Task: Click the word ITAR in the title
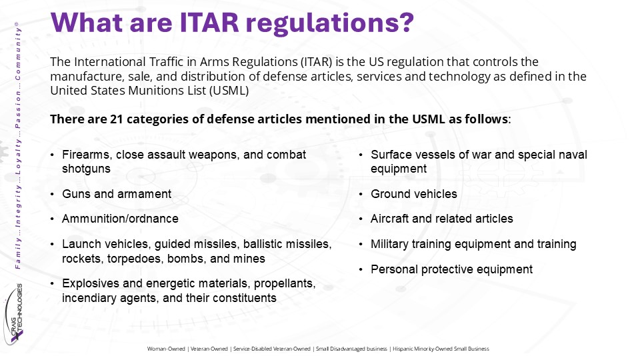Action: point(209,23)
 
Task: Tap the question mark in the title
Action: point(406,23)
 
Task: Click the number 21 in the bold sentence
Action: point(116,119)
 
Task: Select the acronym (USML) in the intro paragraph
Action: point(229,90)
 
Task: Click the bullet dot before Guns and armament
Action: point(52,194)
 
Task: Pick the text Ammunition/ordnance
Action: point(121,219)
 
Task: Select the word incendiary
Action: point(83,298)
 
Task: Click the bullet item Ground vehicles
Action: point(414,194)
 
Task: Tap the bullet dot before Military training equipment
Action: point(361,245)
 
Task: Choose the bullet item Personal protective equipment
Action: point(451,269)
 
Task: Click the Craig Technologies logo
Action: point(14,314)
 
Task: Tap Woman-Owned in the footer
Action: point(166,349)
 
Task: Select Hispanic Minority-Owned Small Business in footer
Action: point(441,349)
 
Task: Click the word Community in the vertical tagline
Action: point(17,51)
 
